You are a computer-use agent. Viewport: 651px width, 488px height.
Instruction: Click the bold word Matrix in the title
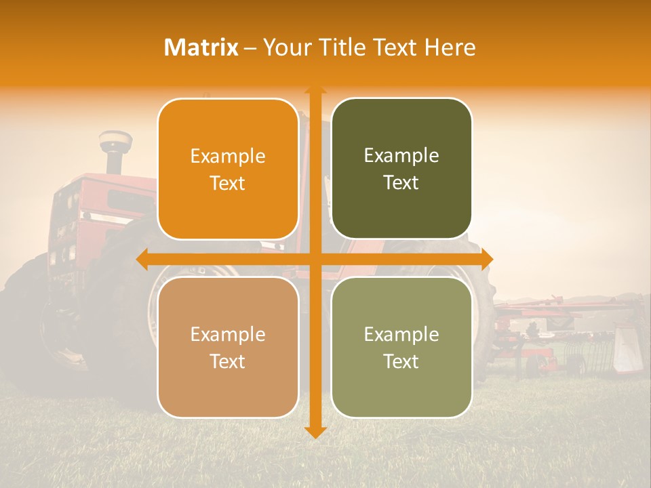click(x=201, y=47)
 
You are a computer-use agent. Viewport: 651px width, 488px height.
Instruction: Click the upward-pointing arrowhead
click(x=315, y=90)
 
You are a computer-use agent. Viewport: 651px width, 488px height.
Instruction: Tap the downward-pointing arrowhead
click(x=315, y=432)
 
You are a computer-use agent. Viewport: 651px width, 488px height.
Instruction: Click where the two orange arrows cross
click(x=315, y=260)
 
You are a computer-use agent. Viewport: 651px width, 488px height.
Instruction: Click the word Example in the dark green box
click(x=401, y=155)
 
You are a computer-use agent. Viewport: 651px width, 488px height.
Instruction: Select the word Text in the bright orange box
click(x=228, y=183)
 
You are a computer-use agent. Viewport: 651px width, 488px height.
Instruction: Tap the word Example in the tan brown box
click(x=228, y=334)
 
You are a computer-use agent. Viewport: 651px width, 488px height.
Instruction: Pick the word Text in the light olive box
click(x=401, y=361)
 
